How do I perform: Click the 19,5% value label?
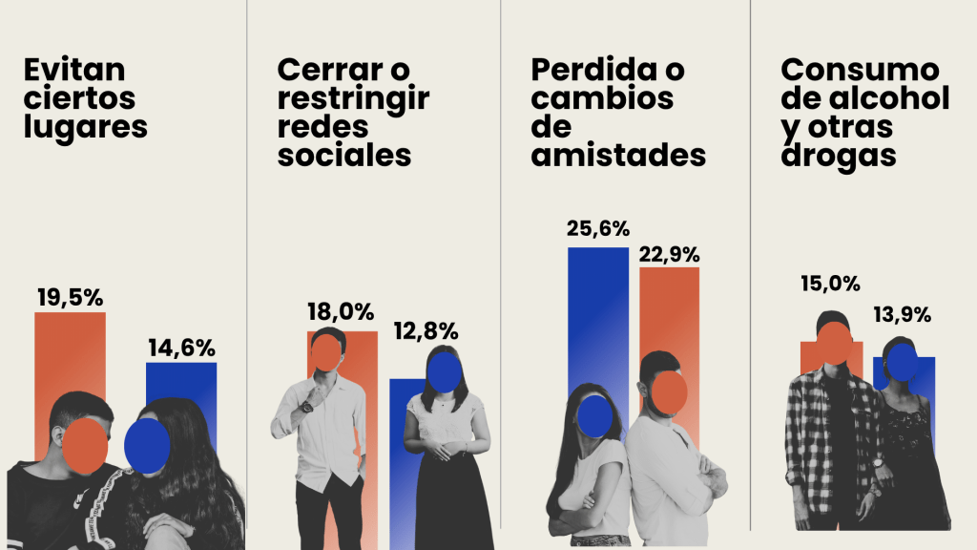(70, 297)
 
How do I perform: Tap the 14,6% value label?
(181, 348)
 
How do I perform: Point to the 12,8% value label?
(426, 331)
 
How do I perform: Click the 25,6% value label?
(598, 228)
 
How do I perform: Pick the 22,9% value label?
(669, 254)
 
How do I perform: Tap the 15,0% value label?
(830, 284)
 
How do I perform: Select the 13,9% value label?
(903, 314)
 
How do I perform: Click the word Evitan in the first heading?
(75, 71)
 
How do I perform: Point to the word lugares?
(86, 127)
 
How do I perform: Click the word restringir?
(353, 98)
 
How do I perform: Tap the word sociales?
(344, 156)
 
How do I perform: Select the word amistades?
(618, 155)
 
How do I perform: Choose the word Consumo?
(861, 70)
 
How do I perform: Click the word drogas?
(839, 156)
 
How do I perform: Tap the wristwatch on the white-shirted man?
(306, 406)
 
